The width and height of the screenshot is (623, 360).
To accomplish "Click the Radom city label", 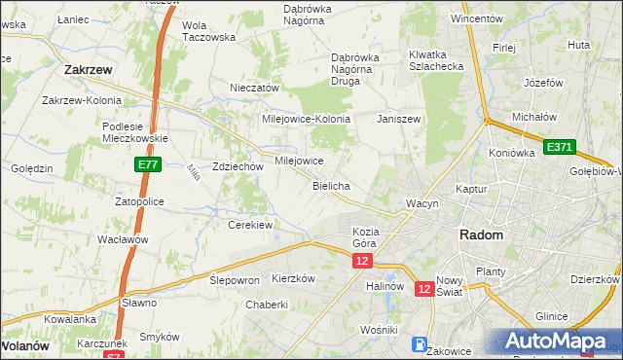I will pyautogui.click(x=481, y=235).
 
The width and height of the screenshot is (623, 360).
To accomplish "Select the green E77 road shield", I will pyautogui.click(x=148, y=166).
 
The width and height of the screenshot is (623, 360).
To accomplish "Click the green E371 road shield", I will pyautogui.click(x=560, y=147).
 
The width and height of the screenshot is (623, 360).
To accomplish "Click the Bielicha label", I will pyautogui.click(x=331, y=185).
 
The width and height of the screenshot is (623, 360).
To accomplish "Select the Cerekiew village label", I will pyautogui.click(x=249, y=225).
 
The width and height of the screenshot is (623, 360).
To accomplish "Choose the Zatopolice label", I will pyautogui.click(x=139, y=201).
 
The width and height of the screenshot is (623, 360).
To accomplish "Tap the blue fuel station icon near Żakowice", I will pyautogui.click(x=420, y=343).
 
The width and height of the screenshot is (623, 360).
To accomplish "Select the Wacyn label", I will pyautogui.click(x=423, y=203).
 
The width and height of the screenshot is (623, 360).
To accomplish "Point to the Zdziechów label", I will pyautogui.click(x=238, y=166).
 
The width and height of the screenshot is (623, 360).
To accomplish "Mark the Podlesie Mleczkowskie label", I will pyautogui.click(x=135, y=131).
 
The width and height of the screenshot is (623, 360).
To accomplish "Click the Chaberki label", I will pyautogui.click(x=267, y=304).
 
